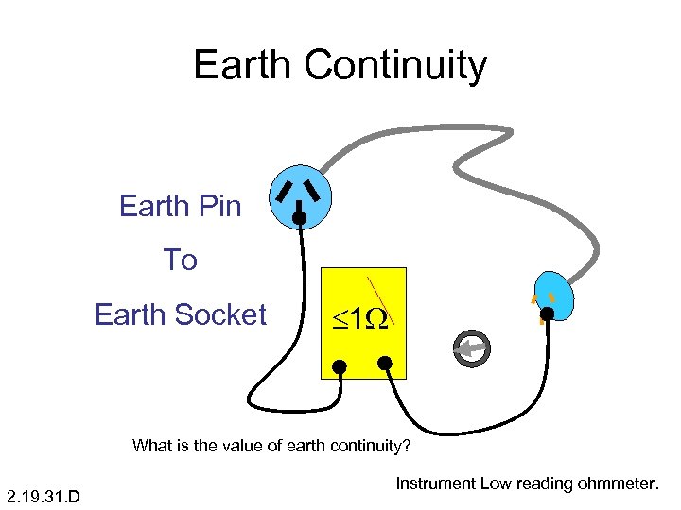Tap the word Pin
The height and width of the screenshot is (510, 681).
coord(218,206)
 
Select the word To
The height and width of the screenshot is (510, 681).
coord(180,260)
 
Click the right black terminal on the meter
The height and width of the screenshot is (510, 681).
coord(385,362)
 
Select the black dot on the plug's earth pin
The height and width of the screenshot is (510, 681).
coord(299,219)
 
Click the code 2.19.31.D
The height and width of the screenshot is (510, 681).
coord(43,494)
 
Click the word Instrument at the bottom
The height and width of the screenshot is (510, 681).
coord(435,484)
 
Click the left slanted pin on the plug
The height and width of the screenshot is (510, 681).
coord(283,192)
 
